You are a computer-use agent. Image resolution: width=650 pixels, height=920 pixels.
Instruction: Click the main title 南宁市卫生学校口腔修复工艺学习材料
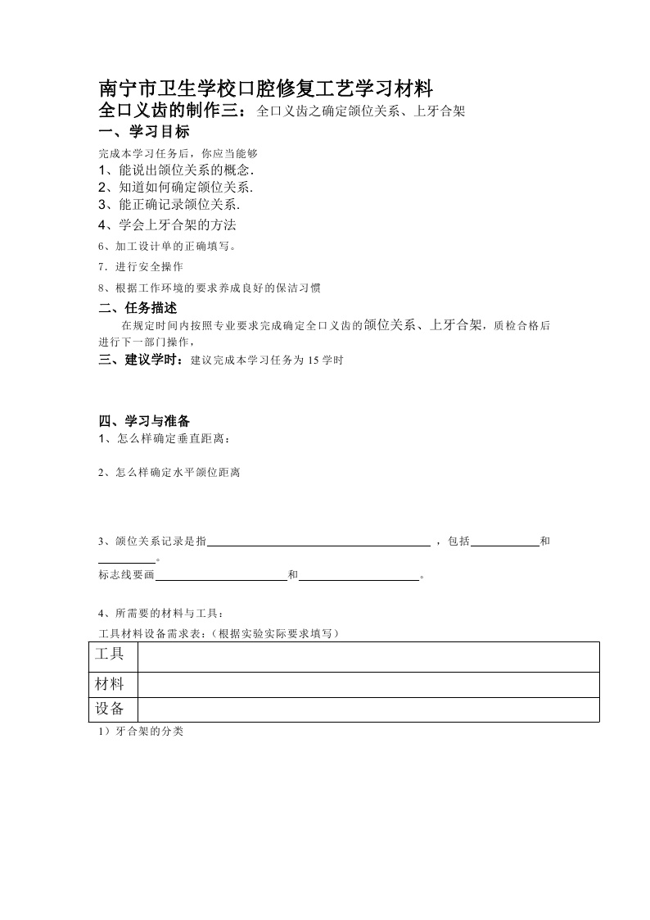(x=265, y=88)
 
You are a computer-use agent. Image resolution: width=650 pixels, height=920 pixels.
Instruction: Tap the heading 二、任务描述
(x=138, y=308)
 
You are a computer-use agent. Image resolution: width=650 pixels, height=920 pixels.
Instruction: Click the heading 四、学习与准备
(x=144, y=421)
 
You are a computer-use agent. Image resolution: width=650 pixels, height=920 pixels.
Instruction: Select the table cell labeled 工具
(x=111, y=654)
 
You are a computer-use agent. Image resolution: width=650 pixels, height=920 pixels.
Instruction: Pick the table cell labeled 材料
(x=111, y=683)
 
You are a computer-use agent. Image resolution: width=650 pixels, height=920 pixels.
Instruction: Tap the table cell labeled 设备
(x=111, y=709)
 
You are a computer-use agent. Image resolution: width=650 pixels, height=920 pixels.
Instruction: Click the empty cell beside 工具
(x=368, y=655)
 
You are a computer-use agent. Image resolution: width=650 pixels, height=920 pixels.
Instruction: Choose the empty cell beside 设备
(x=368, y=709)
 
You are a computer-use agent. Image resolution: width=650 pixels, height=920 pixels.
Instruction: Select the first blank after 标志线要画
(x=221, y=576)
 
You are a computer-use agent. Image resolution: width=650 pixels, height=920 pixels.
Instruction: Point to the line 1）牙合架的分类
(x=140, y=731)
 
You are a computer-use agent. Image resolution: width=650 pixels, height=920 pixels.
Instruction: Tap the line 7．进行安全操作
(x=140, y=266)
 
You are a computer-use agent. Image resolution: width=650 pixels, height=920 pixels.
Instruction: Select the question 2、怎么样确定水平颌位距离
(x=169, y=473)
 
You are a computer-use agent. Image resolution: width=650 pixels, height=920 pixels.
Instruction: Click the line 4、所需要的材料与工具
(x=160, y=613)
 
